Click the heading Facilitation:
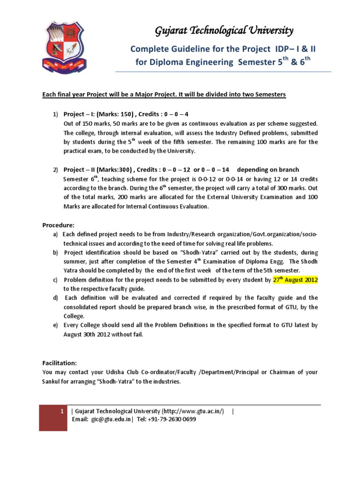coord(60,363)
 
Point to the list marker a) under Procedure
coord(55,233)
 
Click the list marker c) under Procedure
coord(55,280)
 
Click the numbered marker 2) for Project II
coord(55,170)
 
